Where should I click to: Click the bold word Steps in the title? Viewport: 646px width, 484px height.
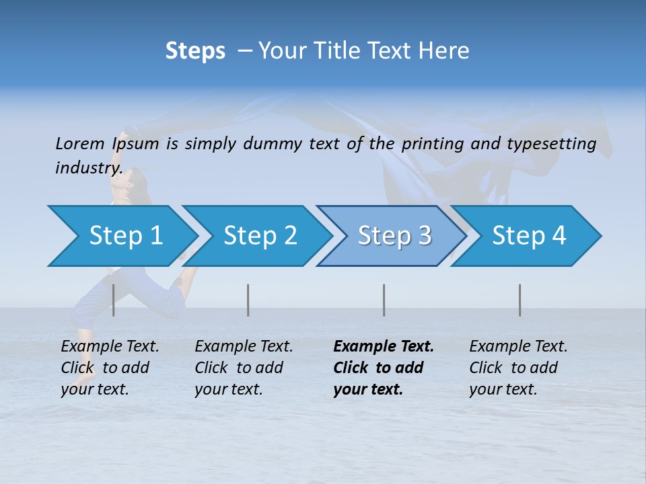pyautogui.click(x=195, y=50)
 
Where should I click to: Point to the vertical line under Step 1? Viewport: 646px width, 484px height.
pyautogui.click(x=114, y=300)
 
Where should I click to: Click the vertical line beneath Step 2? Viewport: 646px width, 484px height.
pyautogui.click(x=248, y=300)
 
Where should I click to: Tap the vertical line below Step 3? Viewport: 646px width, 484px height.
pyautogui.click(x=384, y=300)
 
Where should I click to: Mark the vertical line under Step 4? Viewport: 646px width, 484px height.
pyautogui.click(x=520, y=300)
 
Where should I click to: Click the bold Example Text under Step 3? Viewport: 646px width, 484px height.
pyautogui.click(x=384, y=368)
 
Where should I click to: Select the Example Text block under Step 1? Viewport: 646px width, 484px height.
pyautogui.click(x=110, y=368)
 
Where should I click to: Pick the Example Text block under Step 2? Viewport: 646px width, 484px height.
pyautogui.click(x=244, y=368)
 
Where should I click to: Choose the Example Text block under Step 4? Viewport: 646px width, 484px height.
pyautogui.click(x=518, y=368)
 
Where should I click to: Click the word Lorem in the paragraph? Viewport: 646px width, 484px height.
pyautogui.click(x=80, y=143)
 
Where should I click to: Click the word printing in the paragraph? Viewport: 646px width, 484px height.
pyautogui.click(x=433, y=143)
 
